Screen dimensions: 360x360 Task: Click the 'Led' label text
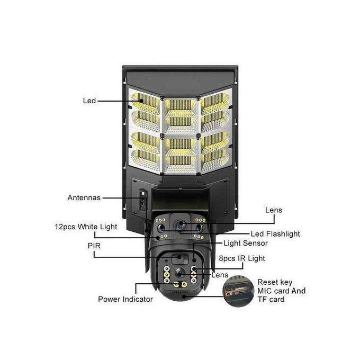89,101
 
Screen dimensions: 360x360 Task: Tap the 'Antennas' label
84,197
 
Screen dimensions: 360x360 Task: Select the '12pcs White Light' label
86,227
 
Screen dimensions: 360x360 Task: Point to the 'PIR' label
94,246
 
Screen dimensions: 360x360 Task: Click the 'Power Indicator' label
125,299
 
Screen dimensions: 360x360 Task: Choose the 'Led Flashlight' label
275,234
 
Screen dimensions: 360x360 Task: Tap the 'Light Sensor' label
246,243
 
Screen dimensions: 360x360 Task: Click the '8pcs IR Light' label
242,258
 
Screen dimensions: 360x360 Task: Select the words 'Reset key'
275,282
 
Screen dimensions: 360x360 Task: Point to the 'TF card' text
271,300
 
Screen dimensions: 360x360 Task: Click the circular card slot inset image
238,291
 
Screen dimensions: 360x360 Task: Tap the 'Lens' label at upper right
274,210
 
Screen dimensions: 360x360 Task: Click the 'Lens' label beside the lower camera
220,275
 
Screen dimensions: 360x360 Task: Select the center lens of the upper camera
180,225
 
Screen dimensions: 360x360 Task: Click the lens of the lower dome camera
180,273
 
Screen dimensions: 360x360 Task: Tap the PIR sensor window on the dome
180,258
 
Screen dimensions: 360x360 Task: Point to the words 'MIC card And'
282,291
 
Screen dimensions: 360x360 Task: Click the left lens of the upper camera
161,228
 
